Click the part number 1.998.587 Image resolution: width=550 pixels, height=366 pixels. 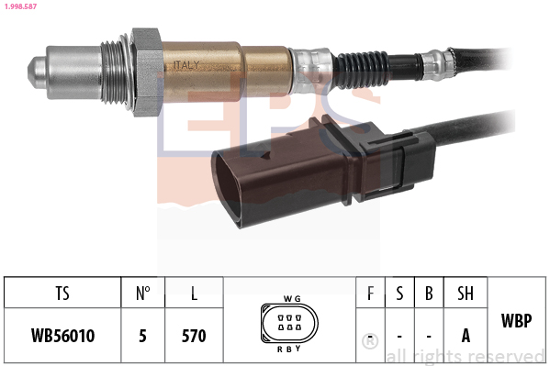[x=21, y=6]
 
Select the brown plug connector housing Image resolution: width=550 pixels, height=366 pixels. [x=275, y=171]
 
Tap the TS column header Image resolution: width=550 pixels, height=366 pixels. [x=62, y=294]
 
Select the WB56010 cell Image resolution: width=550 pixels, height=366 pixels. [x=62, y=336]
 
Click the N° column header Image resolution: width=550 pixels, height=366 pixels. [x=142, y=294]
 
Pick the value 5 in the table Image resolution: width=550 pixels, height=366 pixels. [x=142, y=336]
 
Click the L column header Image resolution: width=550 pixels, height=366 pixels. [x=194, y=294]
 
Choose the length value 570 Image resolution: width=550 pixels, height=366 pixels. [x=194, y=336]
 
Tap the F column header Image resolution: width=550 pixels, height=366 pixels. [x=370, y=294]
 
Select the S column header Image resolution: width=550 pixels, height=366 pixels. [x=399, y=294]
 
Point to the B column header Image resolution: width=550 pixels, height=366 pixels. [x=429, y=294]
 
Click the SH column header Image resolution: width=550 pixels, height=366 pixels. [x=466, y=294]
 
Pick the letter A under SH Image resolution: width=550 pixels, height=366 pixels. [x=466, y=336]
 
